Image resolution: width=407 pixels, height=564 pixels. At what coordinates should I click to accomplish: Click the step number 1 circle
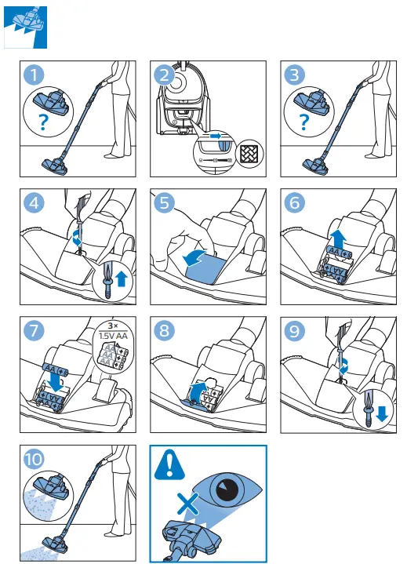tap(33, 75)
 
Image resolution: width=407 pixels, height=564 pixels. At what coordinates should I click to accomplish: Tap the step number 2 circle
tap(164, 75)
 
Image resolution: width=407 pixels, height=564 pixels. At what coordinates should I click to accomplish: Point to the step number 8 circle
tap(164, 330)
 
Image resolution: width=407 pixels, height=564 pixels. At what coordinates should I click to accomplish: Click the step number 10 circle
tap(33, 459)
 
